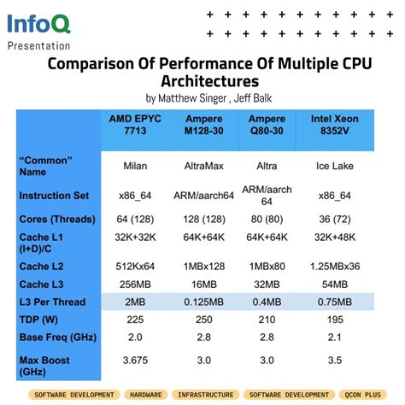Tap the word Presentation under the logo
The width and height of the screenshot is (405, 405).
point(39,44)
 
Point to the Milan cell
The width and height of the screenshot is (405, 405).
point(134,166)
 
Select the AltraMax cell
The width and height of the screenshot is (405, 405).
point(203,166)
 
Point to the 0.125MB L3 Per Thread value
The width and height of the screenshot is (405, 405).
point(203,301)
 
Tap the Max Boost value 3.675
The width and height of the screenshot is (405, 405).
point(134,361)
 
